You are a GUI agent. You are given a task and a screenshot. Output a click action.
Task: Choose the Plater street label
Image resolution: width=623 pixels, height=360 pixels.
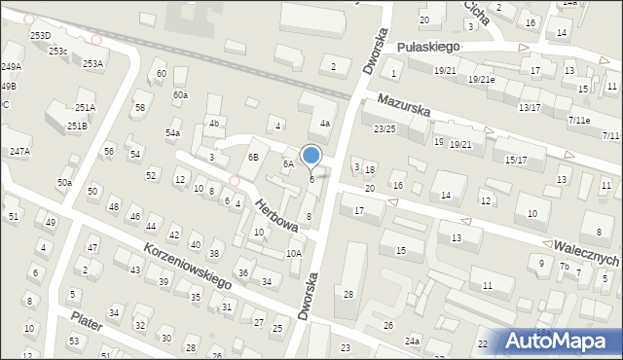point(87,322)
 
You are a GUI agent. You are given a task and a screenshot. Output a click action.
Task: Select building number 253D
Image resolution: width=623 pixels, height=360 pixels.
point(39,35)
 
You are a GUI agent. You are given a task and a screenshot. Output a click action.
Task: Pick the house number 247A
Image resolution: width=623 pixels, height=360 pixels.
point(19,152)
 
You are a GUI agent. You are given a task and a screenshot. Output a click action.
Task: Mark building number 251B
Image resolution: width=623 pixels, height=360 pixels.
point(77,126)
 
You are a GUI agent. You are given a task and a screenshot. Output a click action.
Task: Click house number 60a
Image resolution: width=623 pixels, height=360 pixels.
point(180,94)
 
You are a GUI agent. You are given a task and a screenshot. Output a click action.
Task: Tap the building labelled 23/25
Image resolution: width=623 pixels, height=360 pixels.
point(385,128)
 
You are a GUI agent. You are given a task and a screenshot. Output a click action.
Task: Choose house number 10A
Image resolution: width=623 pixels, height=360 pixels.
point(294,253)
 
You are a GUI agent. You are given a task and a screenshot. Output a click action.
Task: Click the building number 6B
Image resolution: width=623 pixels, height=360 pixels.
point(253,157)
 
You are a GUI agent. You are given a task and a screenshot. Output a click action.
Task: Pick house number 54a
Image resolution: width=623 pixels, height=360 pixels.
point(172,132)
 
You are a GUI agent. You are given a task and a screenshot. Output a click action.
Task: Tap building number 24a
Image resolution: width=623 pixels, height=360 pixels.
point(413,341)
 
